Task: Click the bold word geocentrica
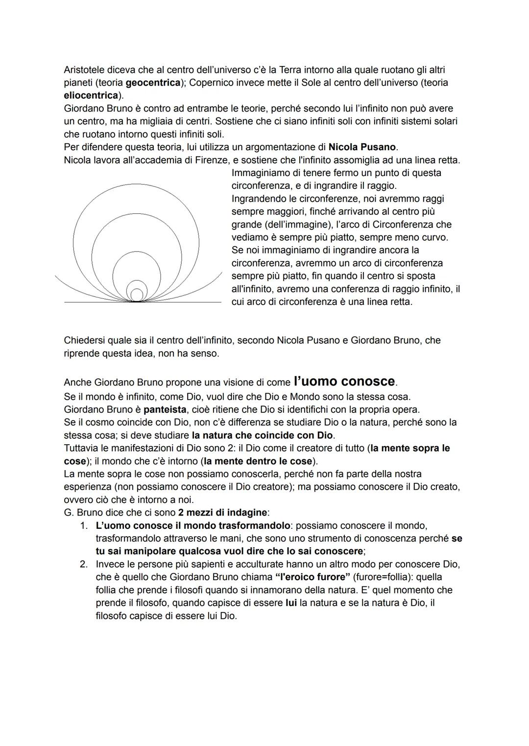(153, 83)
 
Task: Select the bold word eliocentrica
(92, 95)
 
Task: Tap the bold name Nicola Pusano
(362, 147)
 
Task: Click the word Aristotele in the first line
(87, 70)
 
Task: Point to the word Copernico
(213, 83)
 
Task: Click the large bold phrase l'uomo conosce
(344, 381)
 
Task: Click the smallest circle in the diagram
(137, 294)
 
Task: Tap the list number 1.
(84, 526)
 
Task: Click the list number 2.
(84, 564)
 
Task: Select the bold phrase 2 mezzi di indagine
(219, 513)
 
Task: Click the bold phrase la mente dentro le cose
(258, 461)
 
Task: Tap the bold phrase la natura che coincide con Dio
(262, 435)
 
